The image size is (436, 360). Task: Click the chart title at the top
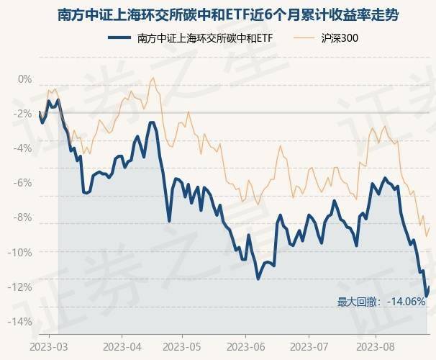click(x=218, y=14)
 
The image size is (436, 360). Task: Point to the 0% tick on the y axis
click(x=25, y=79)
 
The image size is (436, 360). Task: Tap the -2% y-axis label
click(x=24, y=114)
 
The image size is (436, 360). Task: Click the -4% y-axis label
click(x=24, y=148)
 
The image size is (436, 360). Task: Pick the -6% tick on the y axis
click(x=24, y=183)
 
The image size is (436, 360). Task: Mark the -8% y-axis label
click(x=24, y=217)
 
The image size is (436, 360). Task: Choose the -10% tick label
click(x=22, y=252)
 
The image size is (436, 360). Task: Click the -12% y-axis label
click(x=22, y=287)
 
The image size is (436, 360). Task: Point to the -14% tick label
click(x=22, y=321)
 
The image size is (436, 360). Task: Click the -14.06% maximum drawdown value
click(x=407, y=302)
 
